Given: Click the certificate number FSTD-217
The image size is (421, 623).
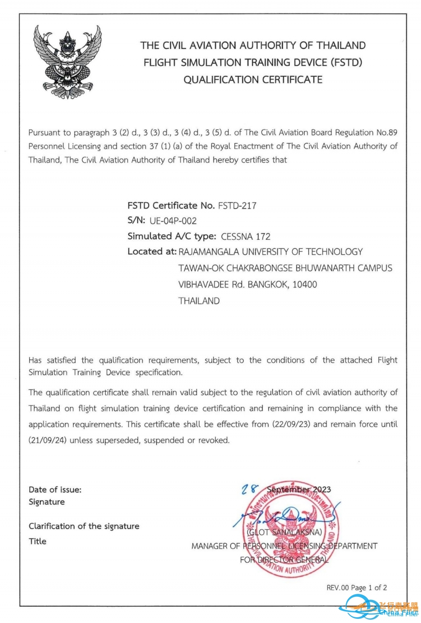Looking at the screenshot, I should (237, 206).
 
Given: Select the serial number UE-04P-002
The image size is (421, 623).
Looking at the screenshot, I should (173, 221).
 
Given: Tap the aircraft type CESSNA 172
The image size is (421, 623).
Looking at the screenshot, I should (246, 236).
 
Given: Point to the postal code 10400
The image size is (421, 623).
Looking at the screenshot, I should (305, 284).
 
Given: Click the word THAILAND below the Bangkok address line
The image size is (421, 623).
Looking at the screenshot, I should (199, 301).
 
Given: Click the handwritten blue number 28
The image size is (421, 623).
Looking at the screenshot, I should (249, 488).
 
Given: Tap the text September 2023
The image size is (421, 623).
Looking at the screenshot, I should (299, 489).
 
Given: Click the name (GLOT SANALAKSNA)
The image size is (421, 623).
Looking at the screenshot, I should (285, 532).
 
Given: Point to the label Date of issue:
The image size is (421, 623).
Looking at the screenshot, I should (55, 489).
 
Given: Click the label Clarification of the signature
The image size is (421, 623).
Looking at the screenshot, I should (84, 526).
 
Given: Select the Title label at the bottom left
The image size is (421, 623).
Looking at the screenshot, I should (37, 541).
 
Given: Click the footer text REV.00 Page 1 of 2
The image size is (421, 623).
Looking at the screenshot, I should (356, 588).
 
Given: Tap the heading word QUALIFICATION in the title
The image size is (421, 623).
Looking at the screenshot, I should (221, 80).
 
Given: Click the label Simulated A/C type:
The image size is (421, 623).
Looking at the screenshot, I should (172, 236).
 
